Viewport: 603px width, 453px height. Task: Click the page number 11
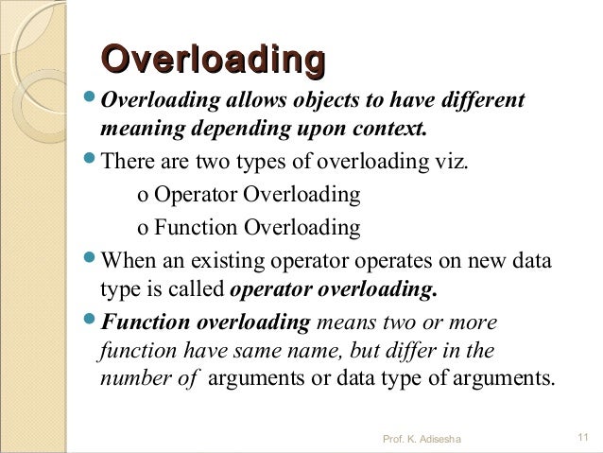pos(581,437)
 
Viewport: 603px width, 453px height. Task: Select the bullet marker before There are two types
pos(90,157)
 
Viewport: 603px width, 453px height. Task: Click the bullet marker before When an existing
pos(90,259)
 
